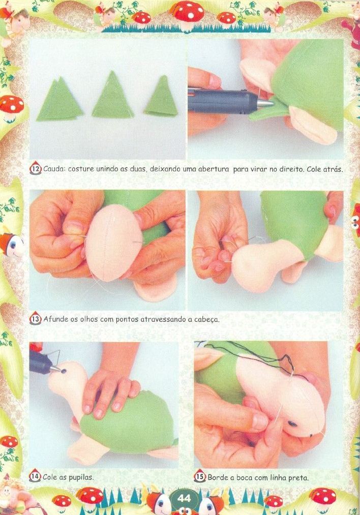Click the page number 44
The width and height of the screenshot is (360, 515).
coord(184,499)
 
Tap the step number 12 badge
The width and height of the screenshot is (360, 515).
coord(36,169)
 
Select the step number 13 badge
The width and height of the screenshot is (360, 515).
coord(36,319)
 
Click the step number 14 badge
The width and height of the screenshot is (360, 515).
coord(35,476)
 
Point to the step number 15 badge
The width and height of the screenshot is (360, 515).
coord(200,476)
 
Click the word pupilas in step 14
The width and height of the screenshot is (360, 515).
coord(81,477)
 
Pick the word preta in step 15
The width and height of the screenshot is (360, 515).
coord(298,478)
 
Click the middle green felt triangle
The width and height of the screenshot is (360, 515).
coord(112,95)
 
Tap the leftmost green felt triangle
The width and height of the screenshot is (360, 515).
coord(59,100)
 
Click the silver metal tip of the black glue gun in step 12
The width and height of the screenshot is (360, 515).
coord(265,104)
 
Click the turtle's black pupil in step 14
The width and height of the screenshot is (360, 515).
coord(64,372)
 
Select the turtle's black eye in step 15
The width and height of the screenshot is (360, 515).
coord(292,423)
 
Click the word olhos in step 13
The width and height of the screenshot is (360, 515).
coord(88,319)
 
